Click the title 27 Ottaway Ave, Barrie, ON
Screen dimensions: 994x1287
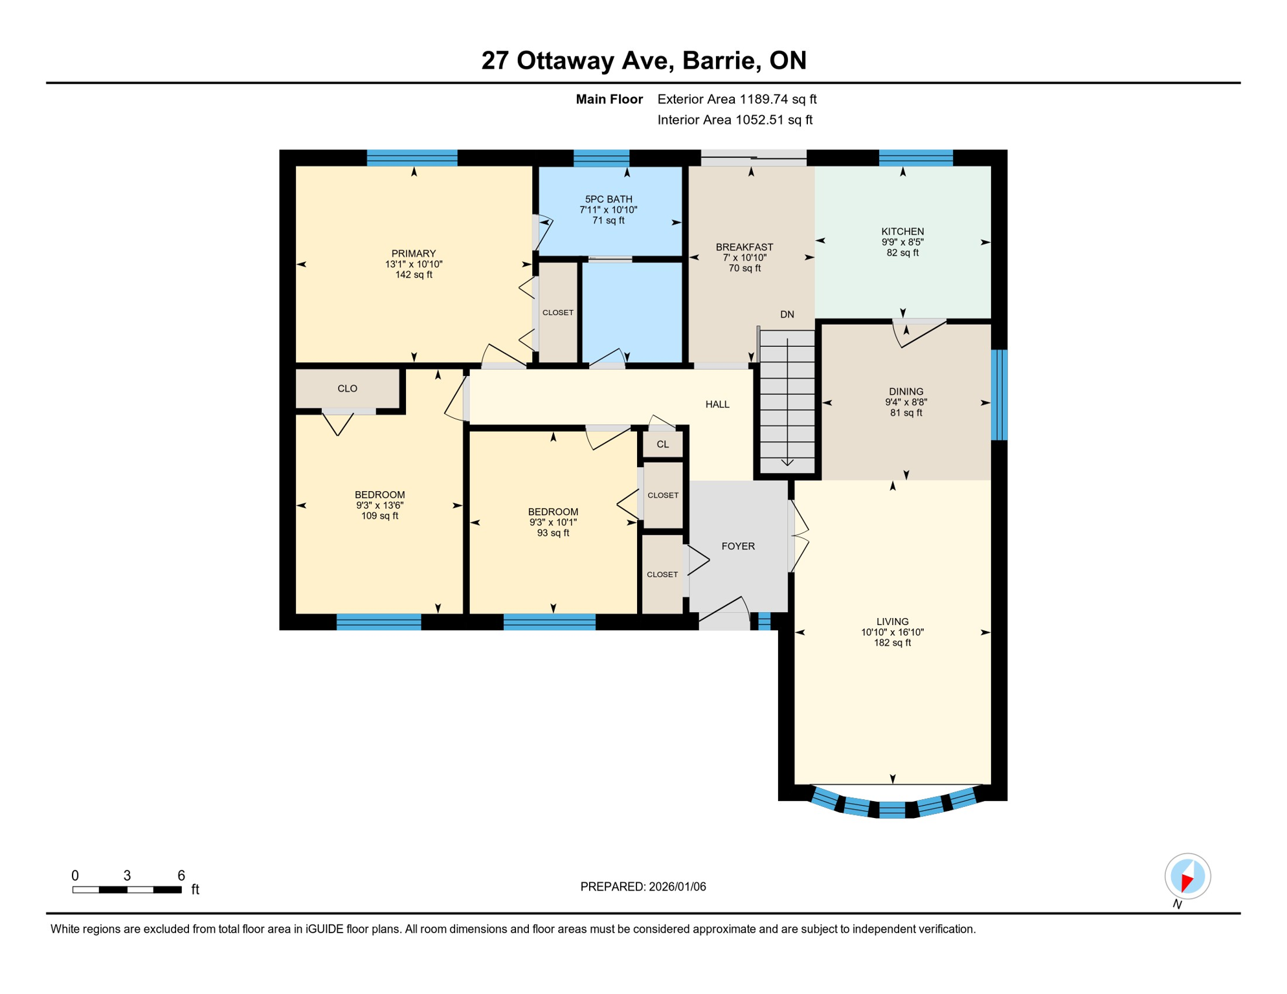(643, 60)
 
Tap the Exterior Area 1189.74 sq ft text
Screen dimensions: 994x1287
(737, 99)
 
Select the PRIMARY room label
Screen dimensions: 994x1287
(413, 254)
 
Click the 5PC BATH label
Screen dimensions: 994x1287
(608, 199)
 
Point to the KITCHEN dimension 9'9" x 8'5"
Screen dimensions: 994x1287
(902, 242)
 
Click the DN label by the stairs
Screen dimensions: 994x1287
(787, 315)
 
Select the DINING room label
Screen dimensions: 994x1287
(906, 392)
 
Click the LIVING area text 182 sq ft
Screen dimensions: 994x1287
(892, 643)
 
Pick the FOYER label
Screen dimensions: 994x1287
(738, 546)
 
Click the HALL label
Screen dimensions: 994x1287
(717, 404)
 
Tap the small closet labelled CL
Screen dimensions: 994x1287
(662, 445)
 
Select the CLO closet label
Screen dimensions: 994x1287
(347, 388)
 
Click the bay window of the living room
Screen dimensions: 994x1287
(892, 808)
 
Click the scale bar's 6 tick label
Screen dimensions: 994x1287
(181, 876)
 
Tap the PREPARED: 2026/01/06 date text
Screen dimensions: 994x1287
(643, 887)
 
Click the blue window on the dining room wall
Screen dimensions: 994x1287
(999, 395)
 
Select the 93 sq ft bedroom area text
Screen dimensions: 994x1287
(553, 533)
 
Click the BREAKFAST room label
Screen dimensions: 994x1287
(744, 247)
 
